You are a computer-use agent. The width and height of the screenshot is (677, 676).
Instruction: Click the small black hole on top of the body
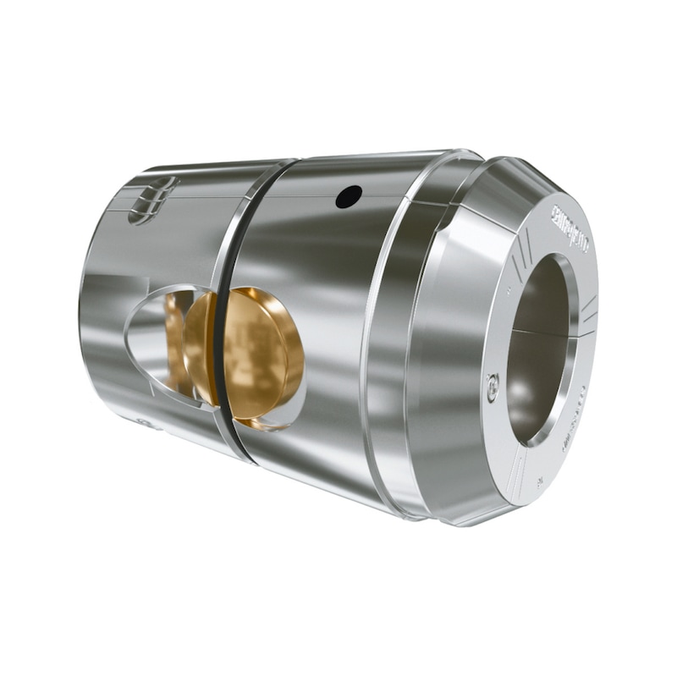[x=348, y=196]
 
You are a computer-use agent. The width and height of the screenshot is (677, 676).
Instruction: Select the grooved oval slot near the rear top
[x=152, y=201]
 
